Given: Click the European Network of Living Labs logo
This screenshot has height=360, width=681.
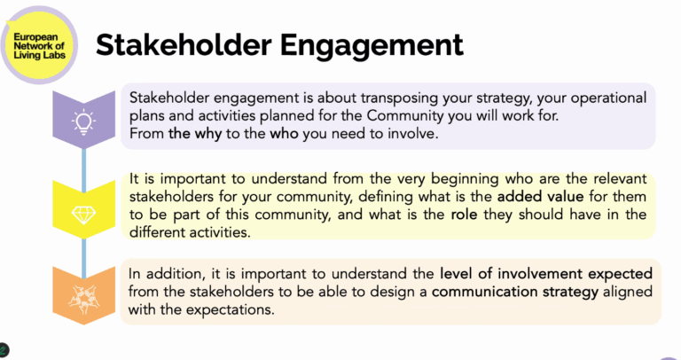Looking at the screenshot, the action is pos(39,45).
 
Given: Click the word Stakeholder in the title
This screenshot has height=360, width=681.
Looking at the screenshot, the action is pos(184,44).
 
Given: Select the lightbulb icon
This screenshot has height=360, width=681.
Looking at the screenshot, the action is pos(84,122).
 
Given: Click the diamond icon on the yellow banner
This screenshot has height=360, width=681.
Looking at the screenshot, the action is pos(84,214).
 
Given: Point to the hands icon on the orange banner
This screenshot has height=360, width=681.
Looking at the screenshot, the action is pos(84,299).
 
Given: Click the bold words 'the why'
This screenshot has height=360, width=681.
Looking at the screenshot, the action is pos(195,133).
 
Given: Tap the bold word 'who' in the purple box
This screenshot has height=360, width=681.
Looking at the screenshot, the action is pos(284,133).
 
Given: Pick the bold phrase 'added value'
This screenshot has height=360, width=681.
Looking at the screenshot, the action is pos(540,196).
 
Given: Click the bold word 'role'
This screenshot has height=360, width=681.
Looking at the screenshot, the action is pos(464,214).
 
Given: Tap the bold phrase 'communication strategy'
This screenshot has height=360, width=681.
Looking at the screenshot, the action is pos(515,292).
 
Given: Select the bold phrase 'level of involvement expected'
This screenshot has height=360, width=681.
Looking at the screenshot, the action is pos(546,274).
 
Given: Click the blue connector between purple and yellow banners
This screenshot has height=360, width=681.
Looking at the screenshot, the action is pos(84,168).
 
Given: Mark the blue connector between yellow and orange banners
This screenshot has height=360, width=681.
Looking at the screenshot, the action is pos(84,258).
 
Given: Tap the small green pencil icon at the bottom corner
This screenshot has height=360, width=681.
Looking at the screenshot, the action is pos(3,349).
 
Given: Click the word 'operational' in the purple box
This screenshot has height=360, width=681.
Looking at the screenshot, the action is pos(608,98).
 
